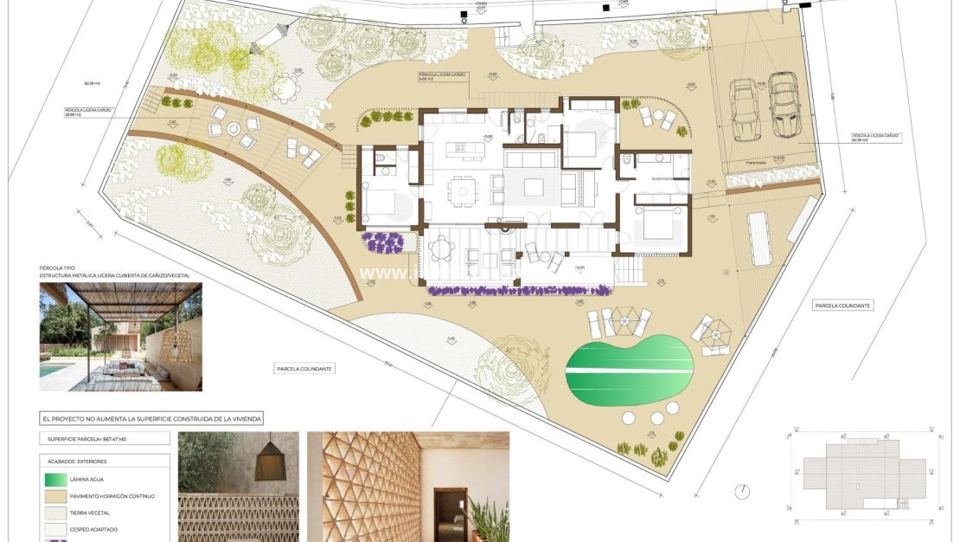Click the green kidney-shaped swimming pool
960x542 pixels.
pyautogui.click(x=629, y=371)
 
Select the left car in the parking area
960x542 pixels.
pyautogui.click(x=745, y=109)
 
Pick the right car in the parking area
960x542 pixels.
pyautogui.click(x=784, y=105)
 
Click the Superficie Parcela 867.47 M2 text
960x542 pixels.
pyautogui.click(x=86, y=439)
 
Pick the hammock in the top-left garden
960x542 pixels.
pyautogui.click(x=270, y=39)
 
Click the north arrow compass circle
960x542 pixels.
pyautogui.click(x=742, y=491)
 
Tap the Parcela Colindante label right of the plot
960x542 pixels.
pyautogui.click(x=842, y=306)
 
